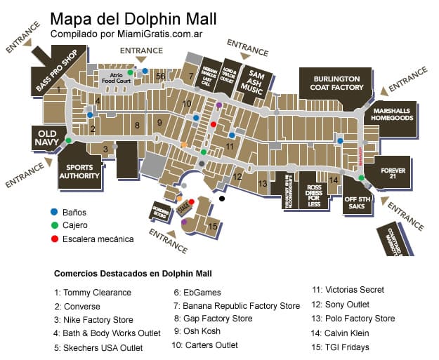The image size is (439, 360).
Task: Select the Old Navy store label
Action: coord(46,138)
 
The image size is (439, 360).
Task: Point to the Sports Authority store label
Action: coord(78,172)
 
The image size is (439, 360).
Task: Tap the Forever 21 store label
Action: coord(394,173)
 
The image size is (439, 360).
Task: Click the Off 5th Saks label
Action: coord(356,207)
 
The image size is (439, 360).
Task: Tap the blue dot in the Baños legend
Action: coord(54,211)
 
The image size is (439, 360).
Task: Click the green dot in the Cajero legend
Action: coord(54,225)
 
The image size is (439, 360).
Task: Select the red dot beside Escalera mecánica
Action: coord(54,239)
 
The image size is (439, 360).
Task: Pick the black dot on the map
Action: coord(222,199)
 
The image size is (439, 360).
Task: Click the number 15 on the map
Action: coord(212,226)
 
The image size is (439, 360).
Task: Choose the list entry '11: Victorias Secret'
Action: coord(348,289)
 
